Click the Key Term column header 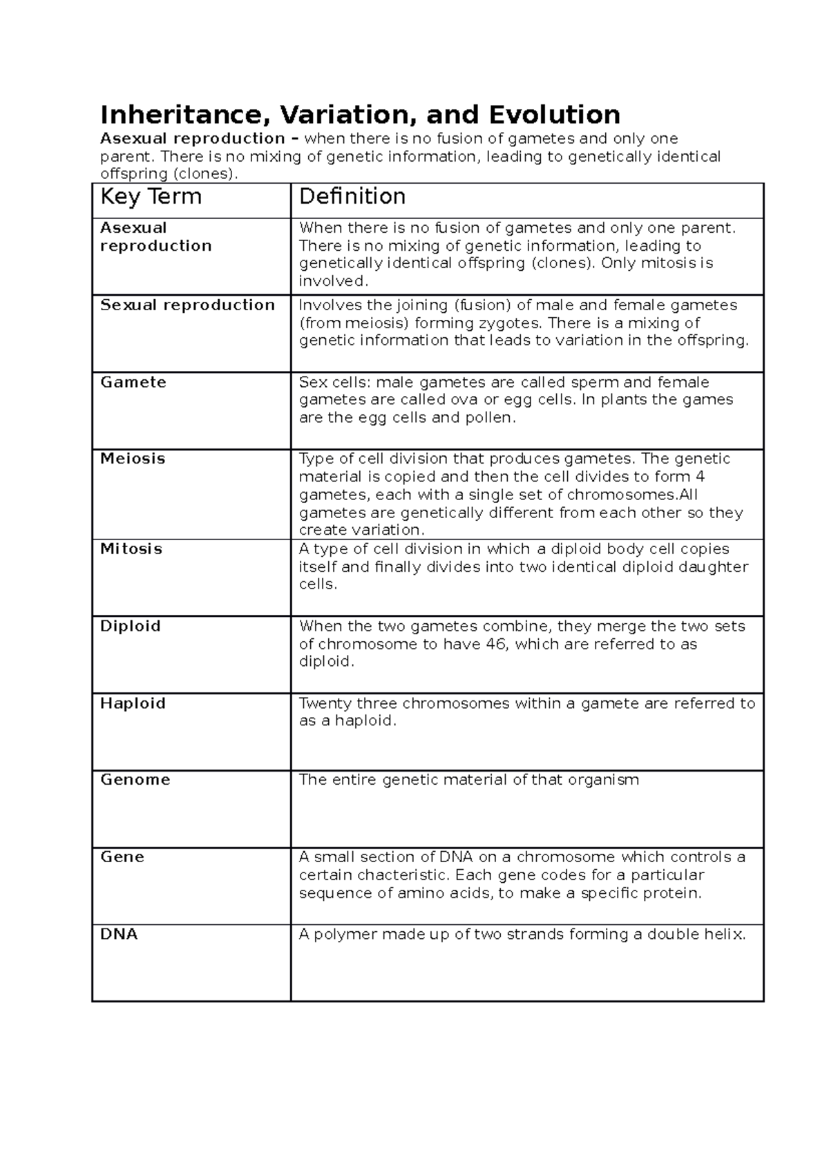[151, 197]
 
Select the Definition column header [352, 197]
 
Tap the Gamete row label [133, 383]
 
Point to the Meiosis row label [133, 459]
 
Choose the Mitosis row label [131, 549]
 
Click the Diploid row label [131, 627]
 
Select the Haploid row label [133, 704]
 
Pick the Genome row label [135, 780]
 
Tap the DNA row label [119, 935]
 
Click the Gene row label [122, 857]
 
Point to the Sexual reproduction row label [187, 305]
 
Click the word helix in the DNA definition [724, 935]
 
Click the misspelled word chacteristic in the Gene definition [393, 875]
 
